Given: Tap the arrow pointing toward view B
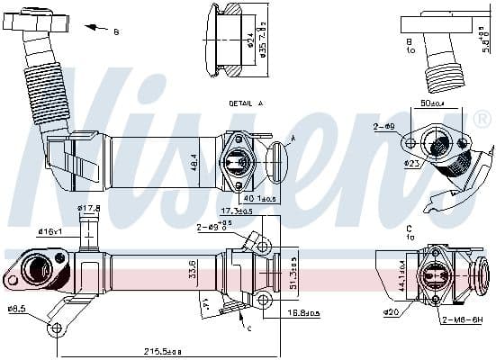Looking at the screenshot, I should coord(94,27).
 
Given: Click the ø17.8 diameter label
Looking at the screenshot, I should coord(89,209).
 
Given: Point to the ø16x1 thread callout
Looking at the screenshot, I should coord(50,231).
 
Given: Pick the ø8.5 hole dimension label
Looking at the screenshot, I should coord(17,310).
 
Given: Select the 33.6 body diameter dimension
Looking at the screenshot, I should coord(190,269).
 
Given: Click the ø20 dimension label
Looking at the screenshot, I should coord(391,311).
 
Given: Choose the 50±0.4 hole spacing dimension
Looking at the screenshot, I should coord(433,103).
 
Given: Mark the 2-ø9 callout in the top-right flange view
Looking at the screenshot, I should coord(384,127).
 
